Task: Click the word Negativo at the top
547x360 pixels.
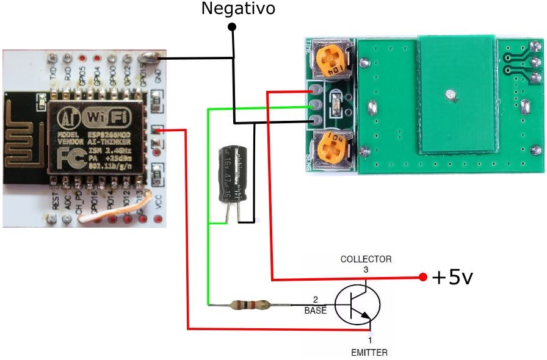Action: click(238, 9)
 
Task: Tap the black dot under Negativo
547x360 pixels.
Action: click(232, 27)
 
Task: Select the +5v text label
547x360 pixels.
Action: click(452, 278)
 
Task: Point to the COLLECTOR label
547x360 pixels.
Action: click(366, 259)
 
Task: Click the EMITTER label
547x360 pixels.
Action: click(369, 352)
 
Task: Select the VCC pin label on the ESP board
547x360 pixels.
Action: click(158, 203)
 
